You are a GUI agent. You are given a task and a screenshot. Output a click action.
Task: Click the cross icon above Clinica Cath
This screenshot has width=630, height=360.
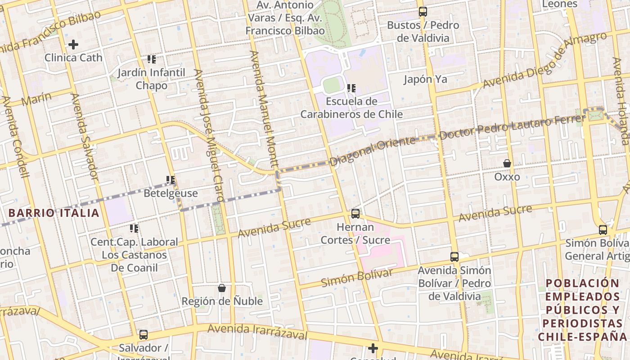click(73, 45)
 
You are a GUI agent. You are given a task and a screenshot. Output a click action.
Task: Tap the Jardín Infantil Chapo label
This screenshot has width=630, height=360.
click(152, 79)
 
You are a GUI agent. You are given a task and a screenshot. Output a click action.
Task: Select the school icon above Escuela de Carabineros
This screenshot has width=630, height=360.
click(351, 88)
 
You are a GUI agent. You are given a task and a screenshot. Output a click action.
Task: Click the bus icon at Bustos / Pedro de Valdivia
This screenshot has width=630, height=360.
click(423, 12)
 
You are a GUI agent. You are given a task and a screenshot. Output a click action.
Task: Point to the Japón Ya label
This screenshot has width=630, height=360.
click(425, 79)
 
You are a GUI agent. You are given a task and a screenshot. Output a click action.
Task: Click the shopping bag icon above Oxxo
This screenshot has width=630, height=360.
click(507, 163)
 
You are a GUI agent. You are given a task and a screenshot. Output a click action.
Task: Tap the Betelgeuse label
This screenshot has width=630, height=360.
click(171, 193)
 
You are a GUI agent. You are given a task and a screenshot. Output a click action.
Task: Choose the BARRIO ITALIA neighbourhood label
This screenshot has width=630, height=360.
click(54, 213)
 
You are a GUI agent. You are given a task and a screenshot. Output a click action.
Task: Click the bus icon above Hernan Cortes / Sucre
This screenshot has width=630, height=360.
click(355, 214)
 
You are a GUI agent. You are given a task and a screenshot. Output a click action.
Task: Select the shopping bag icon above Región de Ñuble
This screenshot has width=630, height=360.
click(222, 288)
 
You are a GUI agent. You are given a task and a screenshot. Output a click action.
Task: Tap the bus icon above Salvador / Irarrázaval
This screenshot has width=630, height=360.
click(144, 335)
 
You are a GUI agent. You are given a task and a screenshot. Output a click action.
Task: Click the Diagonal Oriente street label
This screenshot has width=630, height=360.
click(373, 151)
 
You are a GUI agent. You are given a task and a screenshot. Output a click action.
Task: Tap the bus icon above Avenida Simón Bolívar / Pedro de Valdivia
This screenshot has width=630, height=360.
click(454, 257)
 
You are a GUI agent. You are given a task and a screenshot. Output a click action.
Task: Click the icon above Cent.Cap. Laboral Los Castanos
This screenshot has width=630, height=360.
click(134, 229)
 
